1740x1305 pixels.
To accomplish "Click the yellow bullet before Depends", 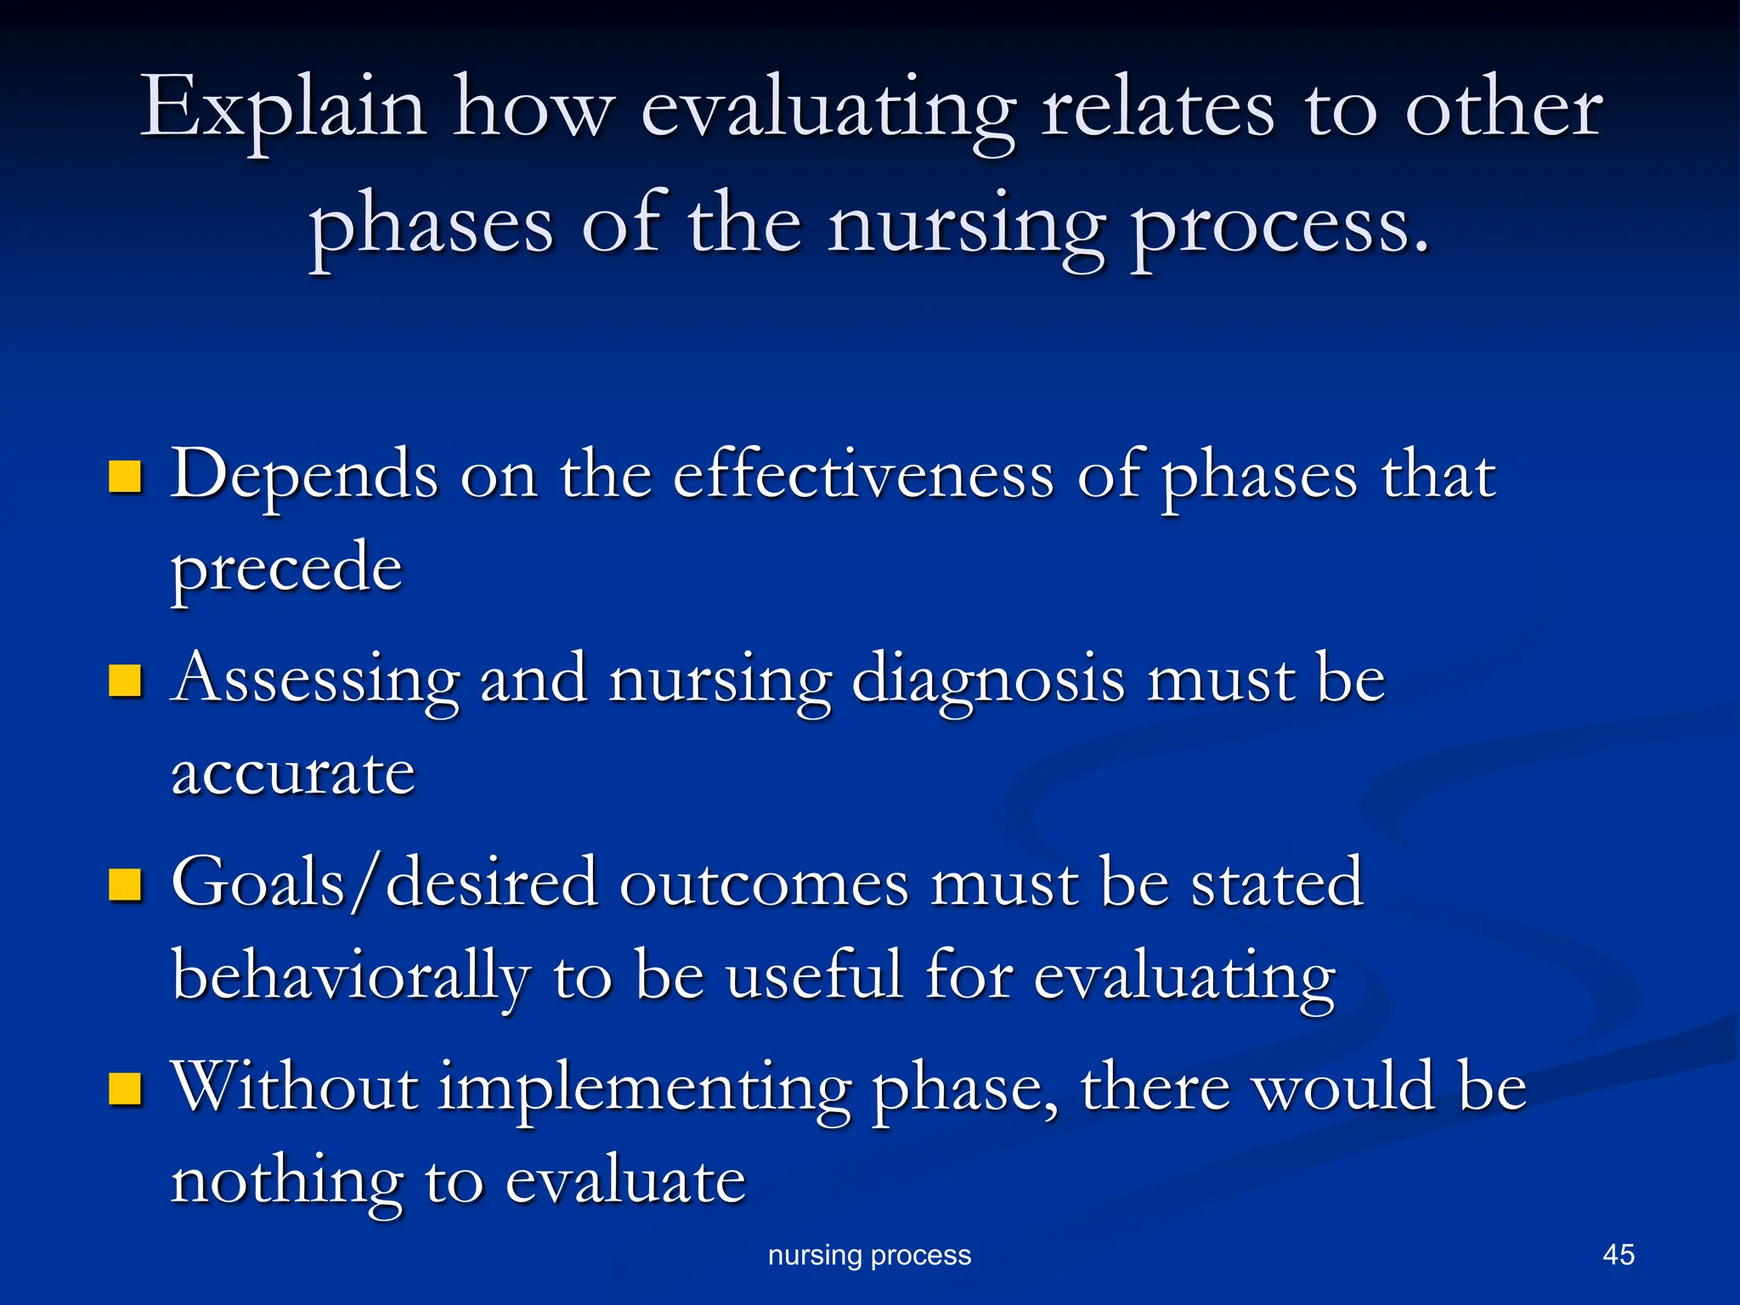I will click(x=125, y=477).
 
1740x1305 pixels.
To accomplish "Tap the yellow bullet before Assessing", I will click(x=125, y=681).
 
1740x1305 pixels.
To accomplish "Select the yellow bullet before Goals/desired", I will click(x=125, y=884).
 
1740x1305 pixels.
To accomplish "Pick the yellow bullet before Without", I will click(x=125, y=1088).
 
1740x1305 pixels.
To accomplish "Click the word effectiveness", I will click(x=863, y=476).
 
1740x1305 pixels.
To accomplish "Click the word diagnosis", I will click(x=988, y=680).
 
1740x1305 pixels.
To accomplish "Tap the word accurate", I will click(x=293, y=773).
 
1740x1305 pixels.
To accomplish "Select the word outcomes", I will click(x=764, y=884).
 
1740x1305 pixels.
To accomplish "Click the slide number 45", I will click(x=1618, y=1255).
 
